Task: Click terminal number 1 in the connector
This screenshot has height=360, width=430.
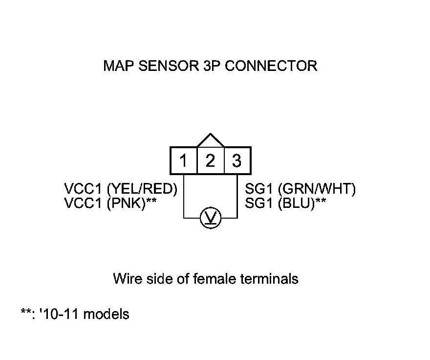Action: [183, 160]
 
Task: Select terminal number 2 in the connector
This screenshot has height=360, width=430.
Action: [210, 160]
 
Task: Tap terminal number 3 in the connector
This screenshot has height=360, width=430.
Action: [237, 160]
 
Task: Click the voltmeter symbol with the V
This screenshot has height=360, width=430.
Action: [211, 218]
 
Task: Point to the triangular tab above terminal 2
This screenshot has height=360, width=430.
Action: [210, 140]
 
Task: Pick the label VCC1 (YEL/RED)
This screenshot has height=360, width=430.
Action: [120, 189]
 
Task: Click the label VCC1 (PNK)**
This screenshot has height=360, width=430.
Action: [110, 203]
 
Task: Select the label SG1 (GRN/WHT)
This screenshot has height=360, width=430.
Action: [300, 189]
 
